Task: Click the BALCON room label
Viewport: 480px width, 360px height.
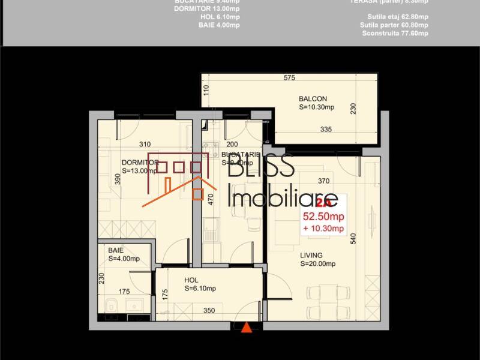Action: pyautogui.click(x=313, y=99)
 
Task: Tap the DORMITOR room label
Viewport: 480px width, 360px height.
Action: pyautogui.click(x=140, y=163)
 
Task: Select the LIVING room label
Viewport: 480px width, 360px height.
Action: pyautogui.click(x=311, y=255)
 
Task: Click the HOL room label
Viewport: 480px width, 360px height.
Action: pyautogui.click(x=191, y=280)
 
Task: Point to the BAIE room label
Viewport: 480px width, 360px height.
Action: pyautogui.click(x=116, y=251)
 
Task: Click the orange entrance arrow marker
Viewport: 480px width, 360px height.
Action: pyautogui.click(x=246, y=328)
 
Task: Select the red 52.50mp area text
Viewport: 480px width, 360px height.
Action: pyautogui.click(x=323, y=217)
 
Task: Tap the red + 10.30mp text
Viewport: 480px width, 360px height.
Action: pyautogui.click(x=323, y=228)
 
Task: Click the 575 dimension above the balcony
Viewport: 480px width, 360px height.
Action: pyautogui.click(x=290, y=78)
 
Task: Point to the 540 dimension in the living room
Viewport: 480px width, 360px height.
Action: pyautogui.click(x=353, y=238)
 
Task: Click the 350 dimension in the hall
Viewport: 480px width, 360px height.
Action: pyautogui.click(x=209, y=311)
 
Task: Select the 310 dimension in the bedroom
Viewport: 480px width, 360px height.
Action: pyautogui.click(x=145, y=144)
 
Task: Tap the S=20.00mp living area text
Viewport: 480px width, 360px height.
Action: pyautogui.click(x=317, y=263)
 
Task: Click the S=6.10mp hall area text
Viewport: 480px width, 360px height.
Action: pyautogui.click(x=200, y=289)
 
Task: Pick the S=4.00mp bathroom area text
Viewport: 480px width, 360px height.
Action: pyautogui.click(x=124, y=259)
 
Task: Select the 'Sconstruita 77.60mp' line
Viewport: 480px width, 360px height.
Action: pyautogui.click(x=395, y=34)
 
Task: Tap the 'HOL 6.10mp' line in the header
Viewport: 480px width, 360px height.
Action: pyautogui.click(x=220, y=17)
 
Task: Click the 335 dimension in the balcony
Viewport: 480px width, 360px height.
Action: pyautogui.click(x=326, y=130)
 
